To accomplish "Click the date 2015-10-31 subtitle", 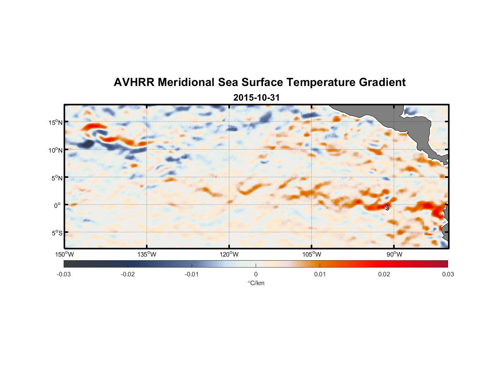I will (x=256, y=98).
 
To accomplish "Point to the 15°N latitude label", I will (x=56, y=122).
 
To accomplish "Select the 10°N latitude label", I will (x=56, y=150).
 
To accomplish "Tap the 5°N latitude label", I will (x=57, y=178).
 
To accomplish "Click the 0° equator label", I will (x=57, y=205).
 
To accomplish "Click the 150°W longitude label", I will (x=64, y=254).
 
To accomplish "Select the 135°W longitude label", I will (x=147, y=254).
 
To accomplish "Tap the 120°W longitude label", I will (x=229, y=254).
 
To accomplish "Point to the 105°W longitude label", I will (x=312, y=254).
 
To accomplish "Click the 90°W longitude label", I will (x=394, y=254).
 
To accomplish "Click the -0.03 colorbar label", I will (x=64, y=274).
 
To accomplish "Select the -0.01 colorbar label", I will (x=192, y=274).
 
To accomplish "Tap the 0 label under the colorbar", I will (x=256, y=274).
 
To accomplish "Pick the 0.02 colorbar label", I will (x=384, y=274).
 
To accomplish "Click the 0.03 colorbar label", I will (x=448, y=274).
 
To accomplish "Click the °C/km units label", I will (x=256, y=283).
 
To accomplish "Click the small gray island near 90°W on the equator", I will (x=387, y=207).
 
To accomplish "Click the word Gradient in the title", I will (x=382, y=82).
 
